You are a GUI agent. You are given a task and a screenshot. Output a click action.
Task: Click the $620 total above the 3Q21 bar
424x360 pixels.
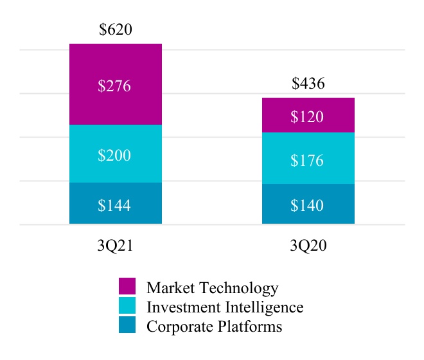[x=116, y=30]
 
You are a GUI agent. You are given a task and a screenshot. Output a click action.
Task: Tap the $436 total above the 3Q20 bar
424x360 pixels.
[x=308, y=84]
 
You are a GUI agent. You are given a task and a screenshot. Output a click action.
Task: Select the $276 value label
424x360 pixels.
[x=115, y=86]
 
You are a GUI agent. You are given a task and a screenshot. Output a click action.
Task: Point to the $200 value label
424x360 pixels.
[x=115, y=156]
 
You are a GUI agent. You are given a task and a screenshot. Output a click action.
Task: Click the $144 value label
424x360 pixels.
[x=115, y=206]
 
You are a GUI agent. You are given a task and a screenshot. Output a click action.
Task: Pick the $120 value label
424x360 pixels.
[x=307, y=117]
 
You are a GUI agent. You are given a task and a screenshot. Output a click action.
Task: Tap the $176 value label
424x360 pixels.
[x=307, y=161]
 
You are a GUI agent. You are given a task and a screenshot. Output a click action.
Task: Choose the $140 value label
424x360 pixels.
[x=307, y=206]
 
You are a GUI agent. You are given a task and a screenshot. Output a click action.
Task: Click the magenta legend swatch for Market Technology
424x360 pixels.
[x=127, y=287]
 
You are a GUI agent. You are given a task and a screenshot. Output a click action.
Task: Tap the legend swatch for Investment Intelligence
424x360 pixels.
[x=127, y=306]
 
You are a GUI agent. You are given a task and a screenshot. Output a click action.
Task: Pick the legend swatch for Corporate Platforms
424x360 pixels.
[x=127, y=325]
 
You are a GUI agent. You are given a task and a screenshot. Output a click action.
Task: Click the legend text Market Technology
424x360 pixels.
[x=213, y=288]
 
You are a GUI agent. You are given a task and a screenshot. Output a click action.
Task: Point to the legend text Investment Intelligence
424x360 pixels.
[x=225, y=307]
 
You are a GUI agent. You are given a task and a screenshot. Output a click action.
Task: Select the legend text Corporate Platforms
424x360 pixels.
[x=215, y=327]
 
